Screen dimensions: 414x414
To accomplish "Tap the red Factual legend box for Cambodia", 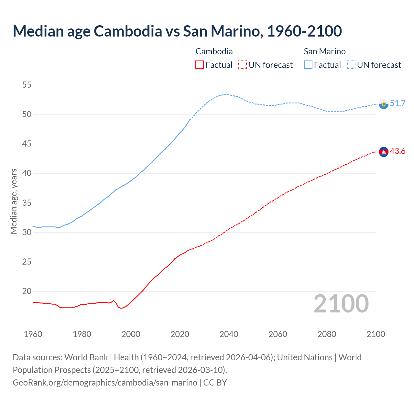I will click(200, 65).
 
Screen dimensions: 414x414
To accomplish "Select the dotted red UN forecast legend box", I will click(243, 65).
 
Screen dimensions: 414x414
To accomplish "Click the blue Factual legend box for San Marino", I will click(308, 65).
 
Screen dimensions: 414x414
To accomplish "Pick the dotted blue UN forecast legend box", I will click(351, 65).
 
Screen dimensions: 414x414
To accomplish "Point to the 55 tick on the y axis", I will click(27, 85).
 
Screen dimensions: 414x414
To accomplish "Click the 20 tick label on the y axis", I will click(27, 291).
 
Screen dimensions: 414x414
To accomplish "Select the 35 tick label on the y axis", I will click(27, 203).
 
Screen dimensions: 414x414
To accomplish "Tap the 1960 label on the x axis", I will click(33, 334).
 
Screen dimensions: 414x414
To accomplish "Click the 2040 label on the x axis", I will click(229, 334).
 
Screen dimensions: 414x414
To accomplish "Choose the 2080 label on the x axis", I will click(327, 334).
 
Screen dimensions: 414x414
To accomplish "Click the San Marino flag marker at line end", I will click(384, 104).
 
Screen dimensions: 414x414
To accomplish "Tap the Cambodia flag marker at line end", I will click(384, 152).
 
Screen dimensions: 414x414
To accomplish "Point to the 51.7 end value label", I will click(398, 103).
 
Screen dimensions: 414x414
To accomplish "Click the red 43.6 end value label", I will click(398, 151).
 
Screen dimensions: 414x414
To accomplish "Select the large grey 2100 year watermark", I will click(341, 304).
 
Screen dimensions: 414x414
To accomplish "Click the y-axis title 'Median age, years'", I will click(14, 201).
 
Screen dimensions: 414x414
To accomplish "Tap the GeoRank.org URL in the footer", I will click(105, 383).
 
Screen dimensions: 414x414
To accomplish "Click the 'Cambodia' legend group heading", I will click(214, 51).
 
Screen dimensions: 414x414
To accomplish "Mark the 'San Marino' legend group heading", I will click(325, 51).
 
